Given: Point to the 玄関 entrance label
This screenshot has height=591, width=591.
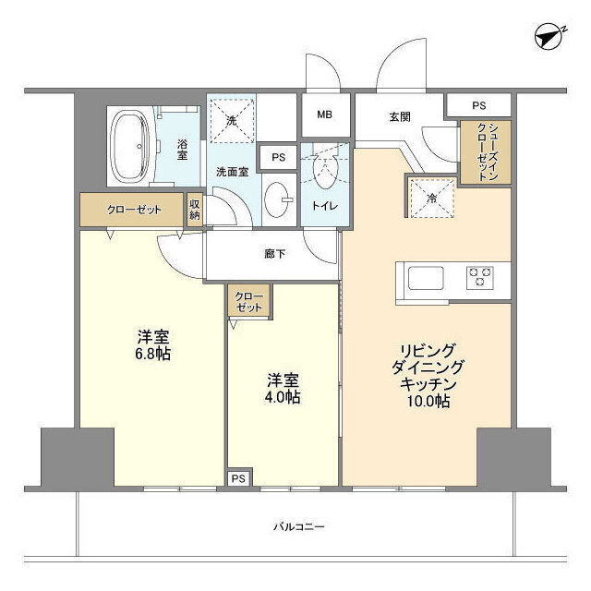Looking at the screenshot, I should pos(399,116).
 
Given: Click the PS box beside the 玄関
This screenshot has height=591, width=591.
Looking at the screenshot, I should pos(477,105).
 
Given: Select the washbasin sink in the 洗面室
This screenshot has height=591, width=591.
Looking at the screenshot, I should pos(277,198).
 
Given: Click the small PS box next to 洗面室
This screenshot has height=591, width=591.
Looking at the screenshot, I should pos(278,158).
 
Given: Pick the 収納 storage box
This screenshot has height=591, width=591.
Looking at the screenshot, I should pos(195,210).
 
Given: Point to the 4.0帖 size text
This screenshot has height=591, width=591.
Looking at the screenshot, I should pos(283,398).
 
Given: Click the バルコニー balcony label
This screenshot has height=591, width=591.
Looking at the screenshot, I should pos(297,527).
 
